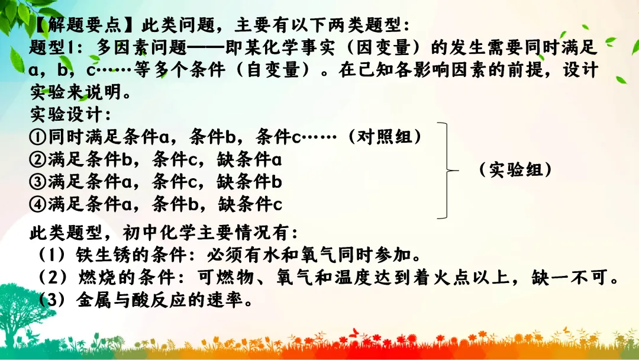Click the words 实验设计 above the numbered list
(x=66, y=114)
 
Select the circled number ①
(x=38, y=137)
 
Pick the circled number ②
(x=38, y=159)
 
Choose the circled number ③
(x=38, y=182)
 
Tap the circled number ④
(x=38, y=204)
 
